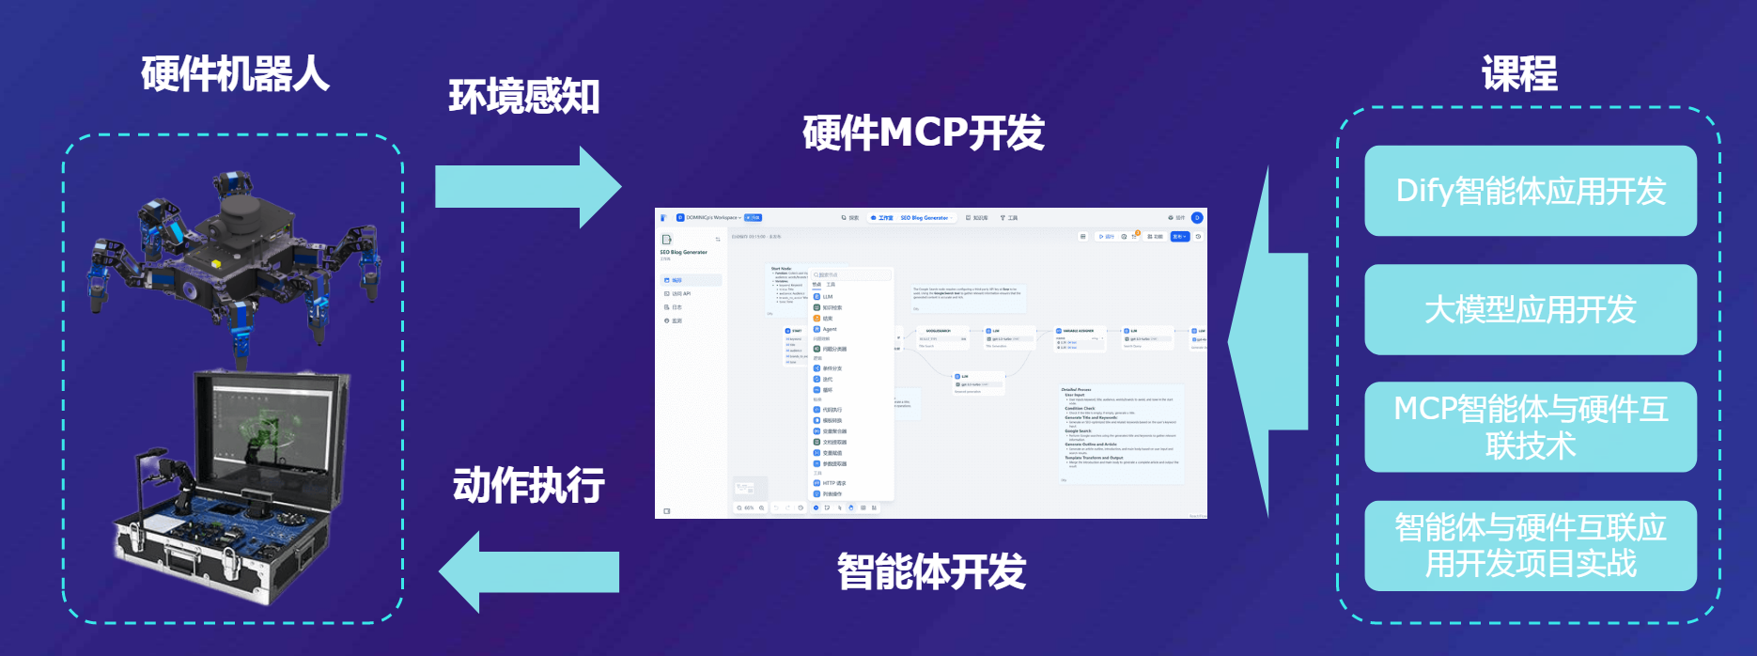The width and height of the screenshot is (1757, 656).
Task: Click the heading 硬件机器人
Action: click(x=235, y=74)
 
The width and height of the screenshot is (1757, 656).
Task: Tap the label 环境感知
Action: click(x=523, y=97)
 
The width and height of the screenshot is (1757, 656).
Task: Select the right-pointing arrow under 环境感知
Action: click(x=527, y=187)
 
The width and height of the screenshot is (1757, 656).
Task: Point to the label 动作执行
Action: click(x=528, y=485)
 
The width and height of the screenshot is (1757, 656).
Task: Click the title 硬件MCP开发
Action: click(x=923, y=133)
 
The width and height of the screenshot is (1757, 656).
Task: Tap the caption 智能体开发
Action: click(x=930, y=571)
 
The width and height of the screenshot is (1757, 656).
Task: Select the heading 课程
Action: click(x=1519, y=74)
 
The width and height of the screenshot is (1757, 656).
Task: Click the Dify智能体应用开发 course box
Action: click(x=1530, y=191)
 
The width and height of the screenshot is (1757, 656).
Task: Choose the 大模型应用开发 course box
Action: click(x=1530, y=309)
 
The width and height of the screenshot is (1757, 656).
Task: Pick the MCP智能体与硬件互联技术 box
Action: click(x=1530, y=427)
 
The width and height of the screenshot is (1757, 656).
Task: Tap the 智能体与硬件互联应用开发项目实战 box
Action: click(x=1530, y=545)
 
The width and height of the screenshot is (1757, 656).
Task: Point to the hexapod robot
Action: click(x=235, y=249)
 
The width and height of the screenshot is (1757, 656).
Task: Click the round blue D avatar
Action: click(x=1197, y=218)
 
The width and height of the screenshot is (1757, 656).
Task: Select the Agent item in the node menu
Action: click(x=829, y=329)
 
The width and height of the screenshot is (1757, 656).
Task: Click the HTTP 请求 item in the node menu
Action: click(x=833, y=483)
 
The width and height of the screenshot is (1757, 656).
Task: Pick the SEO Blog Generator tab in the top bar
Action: click(x=924, y=218)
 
